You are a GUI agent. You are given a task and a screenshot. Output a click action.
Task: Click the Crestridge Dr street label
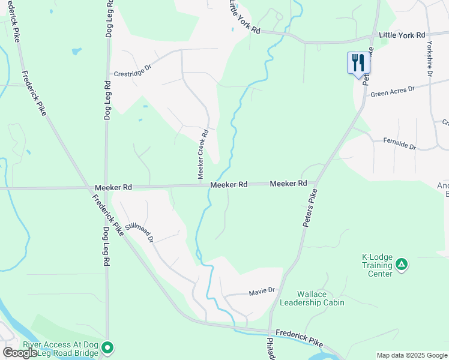click(133, 69)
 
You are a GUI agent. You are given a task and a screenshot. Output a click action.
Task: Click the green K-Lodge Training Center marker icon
click(402, 263)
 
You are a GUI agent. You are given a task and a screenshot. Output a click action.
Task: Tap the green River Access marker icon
click(107, 347)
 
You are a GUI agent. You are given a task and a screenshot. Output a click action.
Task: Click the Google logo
click(20, 353)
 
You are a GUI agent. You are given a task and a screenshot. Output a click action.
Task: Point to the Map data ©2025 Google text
click(412, 355)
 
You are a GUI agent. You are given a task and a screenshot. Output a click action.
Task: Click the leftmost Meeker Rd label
click(113, 187)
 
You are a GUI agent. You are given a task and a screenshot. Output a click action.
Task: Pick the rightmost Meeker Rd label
click(288, 183)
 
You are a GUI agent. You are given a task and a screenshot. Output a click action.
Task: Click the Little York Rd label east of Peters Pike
click(402, 35)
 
